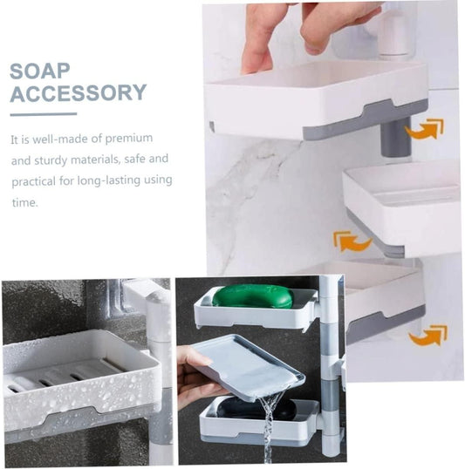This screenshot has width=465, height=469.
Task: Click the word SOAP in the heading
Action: coord(40,71)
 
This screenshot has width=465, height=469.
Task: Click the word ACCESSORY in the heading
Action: coord(79,92)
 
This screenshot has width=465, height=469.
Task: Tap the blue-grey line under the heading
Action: coord(44,114)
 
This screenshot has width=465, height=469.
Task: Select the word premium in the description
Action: coord(129,139)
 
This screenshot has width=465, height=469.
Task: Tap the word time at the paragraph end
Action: coord(24,202)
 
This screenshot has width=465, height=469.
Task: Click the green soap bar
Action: coord(253,296)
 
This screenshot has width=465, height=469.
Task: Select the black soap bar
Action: coord(256,408)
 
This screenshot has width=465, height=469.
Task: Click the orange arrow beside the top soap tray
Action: coord(424,129)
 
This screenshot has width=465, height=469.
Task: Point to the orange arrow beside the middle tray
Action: coord(352,241)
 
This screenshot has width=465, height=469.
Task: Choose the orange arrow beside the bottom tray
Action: coord(427,336)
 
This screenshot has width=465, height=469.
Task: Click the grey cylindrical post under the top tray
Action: coord(395,137)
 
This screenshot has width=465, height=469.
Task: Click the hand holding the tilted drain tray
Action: coord(199,377)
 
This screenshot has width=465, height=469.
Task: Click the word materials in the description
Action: coord(95,160)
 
